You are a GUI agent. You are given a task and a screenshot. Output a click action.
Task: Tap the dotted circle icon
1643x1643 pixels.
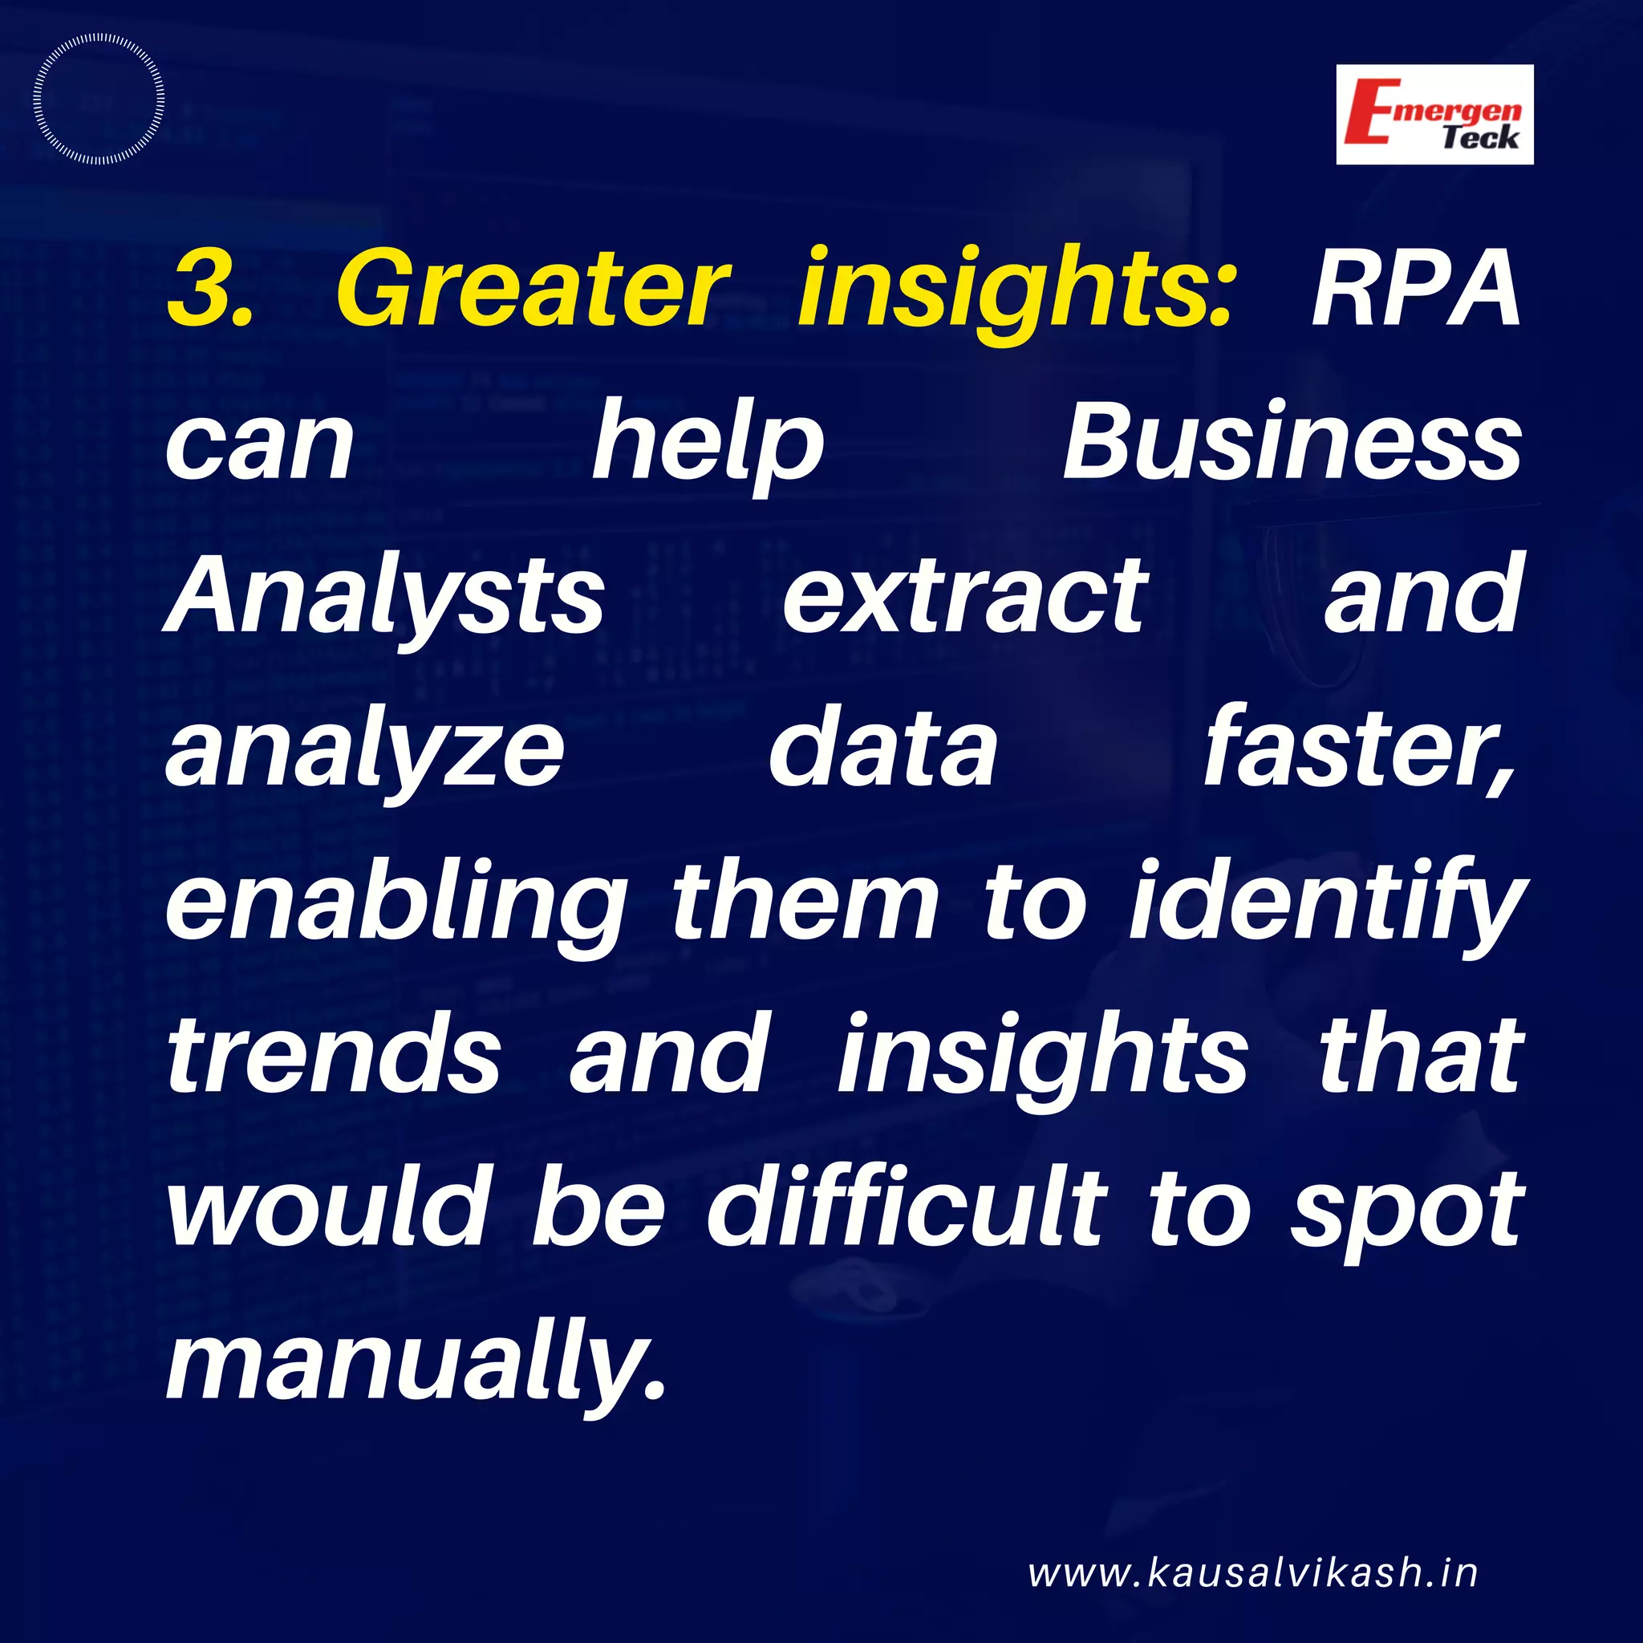tap(99, 99)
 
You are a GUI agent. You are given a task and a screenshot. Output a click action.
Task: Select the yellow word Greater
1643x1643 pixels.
tap(534, 288)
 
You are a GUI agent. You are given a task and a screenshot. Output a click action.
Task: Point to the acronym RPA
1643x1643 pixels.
tap(1416, 288)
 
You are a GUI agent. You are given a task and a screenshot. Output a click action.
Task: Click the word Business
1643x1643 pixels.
tap(1292, 443)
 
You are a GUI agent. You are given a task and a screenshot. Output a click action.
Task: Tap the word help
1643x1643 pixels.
tap(708, 443)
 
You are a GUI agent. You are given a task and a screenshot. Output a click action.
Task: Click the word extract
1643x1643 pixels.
tap(965, 595)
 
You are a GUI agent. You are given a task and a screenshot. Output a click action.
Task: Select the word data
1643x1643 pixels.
tap(882, 748)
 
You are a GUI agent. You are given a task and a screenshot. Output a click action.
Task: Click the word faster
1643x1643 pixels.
tap(1359, 748)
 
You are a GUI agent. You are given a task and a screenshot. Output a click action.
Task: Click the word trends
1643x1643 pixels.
tap(335, 1054)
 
